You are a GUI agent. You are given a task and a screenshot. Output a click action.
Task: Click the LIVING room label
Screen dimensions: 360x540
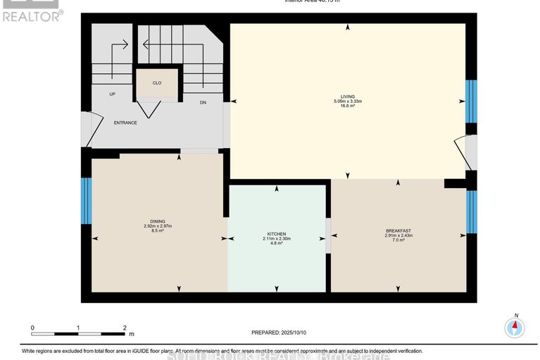[x=347, y=97]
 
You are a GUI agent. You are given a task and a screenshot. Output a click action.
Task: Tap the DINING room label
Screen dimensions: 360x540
[x=157, y=221]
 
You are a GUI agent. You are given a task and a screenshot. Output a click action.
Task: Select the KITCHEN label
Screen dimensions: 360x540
[x=276, y=234]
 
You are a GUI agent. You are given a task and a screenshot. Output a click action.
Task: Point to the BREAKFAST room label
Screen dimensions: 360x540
[x=398, y=230]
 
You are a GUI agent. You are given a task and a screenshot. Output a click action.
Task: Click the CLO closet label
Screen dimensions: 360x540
[x=157, y=83]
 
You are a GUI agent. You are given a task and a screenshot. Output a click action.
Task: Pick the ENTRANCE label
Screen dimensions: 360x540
[x=125, y=123]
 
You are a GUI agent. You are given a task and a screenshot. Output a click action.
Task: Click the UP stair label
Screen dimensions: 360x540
[x=112, y=94]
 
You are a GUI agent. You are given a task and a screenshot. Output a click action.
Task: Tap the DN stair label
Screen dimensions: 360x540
[x=202, y=103]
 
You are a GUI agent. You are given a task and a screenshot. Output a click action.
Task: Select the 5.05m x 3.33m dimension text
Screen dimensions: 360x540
[x=348, y=102]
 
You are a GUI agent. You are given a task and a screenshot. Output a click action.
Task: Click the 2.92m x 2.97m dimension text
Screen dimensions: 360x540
[x=157, y=225]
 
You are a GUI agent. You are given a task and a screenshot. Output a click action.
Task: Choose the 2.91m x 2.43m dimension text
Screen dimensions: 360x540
[x=398, y=235]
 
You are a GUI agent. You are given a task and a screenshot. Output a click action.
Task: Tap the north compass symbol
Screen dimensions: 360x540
[x=515, y=326]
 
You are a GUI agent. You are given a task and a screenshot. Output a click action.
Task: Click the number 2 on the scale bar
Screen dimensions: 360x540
[x=125, y=328]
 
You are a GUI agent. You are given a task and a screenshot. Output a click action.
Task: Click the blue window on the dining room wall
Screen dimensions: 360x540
[x=86, y=201]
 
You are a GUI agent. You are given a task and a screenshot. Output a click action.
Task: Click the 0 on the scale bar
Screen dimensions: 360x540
[x=32, y=328]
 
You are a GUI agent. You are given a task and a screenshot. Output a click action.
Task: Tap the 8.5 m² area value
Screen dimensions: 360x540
[x=157, y=230]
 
